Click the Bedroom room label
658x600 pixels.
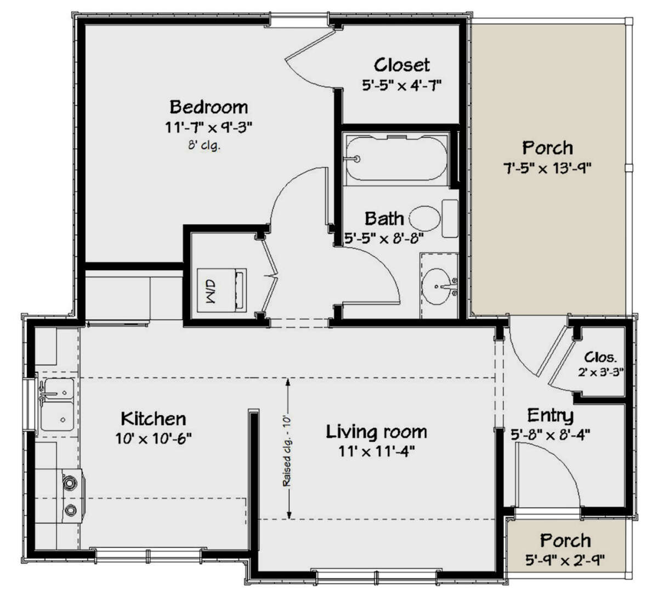tap(208, 106)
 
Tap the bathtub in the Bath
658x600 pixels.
tap(396, 159)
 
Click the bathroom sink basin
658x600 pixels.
tap(440, 285)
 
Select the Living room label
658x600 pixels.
tap(376, 432)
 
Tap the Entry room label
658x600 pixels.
tap(550, 415)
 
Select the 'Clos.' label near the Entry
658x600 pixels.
tap(600, 357)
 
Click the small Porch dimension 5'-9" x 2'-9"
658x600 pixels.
tap(565, 560)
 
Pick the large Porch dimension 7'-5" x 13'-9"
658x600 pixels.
tap(547, 168)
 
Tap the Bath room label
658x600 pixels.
tap(384, 218)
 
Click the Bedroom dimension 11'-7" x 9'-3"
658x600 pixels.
tap(208, 128)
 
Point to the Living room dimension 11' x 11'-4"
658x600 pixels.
tap(376, 451)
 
